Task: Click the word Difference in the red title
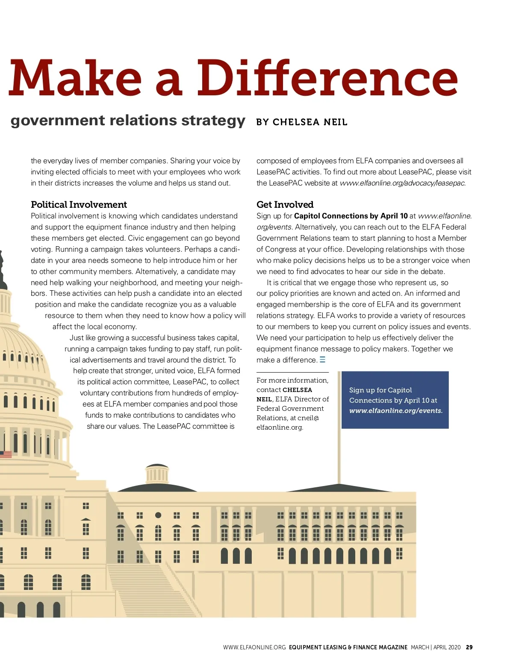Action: tap(327, 78)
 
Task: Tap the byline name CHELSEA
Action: tap(296, 122)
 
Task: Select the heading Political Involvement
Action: tap(79, 205)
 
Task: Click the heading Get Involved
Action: tap(285, 205)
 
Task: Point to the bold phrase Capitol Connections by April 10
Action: tap(351, 216)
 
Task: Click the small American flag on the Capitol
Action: tap(6, 454)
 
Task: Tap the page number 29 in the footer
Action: tap(469, 647)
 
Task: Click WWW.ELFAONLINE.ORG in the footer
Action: tap(254, 647)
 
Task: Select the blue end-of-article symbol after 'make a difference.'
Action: tap(322, 360)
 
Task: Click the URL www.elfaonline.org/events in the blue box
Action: tap(395, 411)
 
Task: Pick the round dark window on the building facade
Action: tap(158, 515)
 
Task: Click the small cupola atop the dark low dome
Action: tap(157, 473)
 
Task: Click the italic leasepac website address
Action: tap(402, 183)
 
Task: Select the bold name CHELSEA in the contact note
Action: tap(297, 390)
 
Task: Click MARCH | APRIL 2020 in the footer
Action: tap(436, 647)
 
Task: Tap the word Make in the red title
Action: tap(75, 78)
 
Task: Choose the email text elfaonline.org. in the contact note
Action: tap(280, 427)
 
